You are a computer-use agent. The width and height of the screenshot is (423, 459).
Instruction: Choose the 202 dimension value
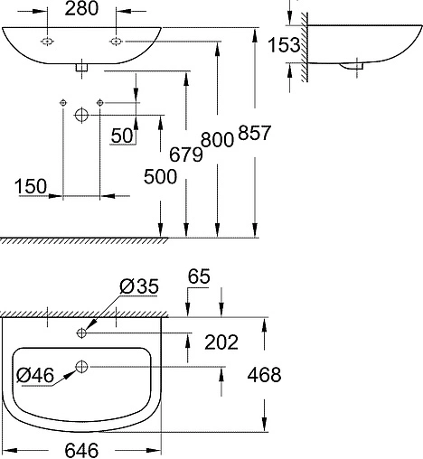click(221, 342)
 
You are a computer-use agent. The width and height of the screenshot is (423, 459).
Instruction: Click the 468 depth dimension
click(263, 374)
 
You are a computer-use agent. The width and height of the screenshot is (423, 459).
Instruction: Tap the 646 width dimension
click(81, 449)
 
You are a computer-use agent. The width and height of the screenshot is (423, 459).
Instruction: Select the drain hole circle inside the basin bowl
click(82, 366)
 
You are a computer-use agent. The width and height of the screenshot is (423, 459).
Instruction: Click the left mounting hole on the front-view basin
click(47, 41)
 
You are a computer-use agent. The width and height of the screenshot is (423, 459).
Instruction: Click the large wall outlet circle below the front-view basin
click(80, 115)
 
